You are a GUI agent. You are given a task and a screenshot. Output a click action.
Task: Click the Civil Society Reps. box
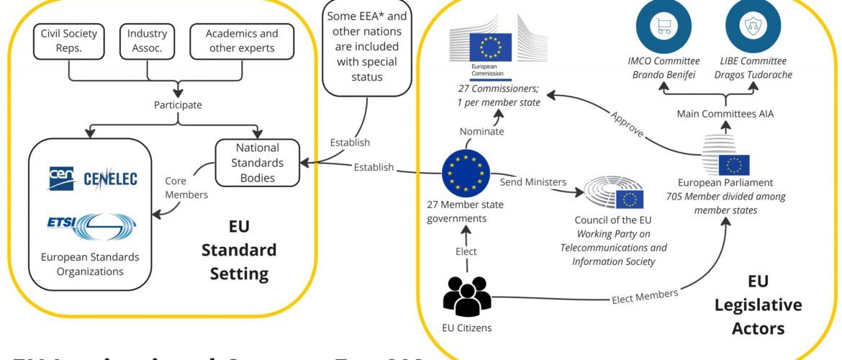point(69,41)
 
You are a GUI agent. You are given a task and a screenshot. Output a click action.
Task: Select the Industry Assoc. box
point(147,41)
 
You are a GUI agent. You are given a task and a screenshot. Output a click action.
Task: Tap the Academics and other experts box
point(242,41)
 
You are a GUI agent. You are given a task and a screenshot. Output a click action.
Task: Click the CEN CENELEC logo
point(92,178)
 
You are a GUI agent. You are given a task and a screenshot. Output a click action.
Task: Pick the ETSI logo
point(92,225)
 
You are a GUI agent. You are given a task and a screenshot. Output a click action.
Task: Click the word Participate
point(177,105)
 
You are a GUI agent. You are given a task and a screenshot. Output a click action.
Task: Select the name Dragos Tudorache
point(743,75)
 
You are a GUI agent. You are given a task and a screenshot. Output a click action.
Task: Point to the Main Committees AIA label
point(724,114)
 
